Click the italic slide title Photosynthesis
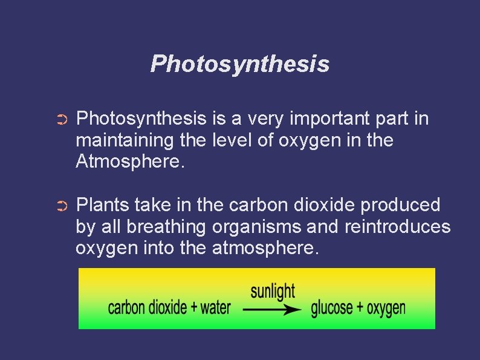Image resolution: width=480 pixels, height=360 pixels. pos(240,64)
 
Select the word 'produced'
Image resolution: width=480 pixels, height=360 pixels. pos(400,205)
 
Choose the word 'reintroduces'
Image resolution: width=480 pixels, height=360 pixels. pos(397,226)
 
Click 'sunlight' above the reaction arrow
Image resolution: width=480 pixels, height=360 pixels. pos(273,292)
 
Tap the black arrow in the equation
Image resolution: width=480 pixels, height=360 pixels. pos(272,309)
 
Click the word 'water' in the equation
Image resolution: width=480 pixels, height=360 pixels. pos(216,307)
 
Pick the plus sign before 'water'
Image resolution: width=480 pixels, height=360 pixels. pos(194,307)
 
